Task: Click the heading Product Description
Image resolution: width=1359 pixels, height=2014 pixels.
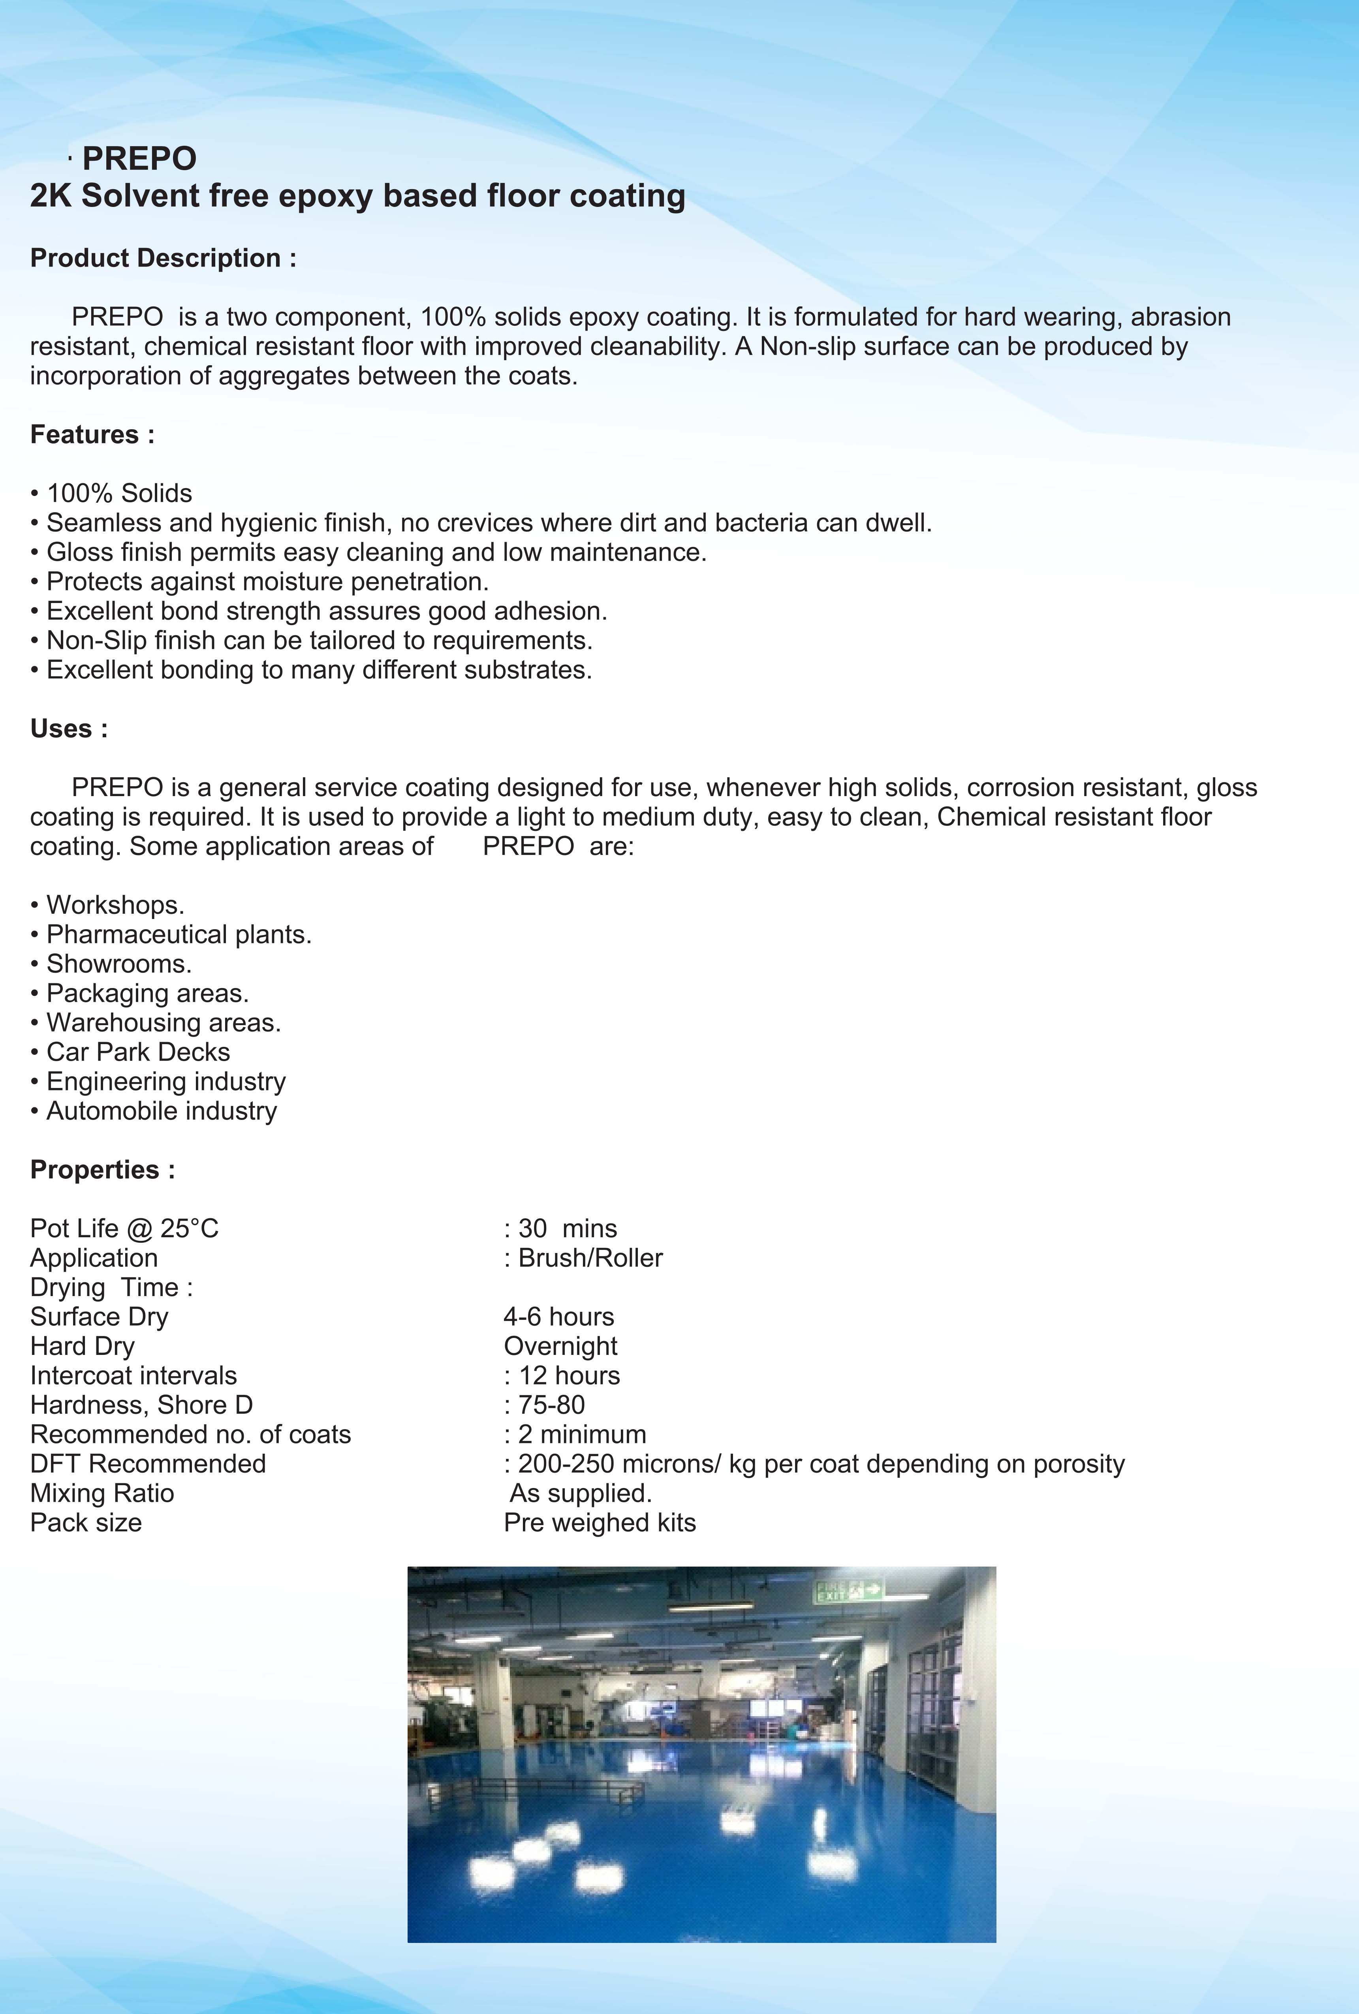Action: pos(163,258)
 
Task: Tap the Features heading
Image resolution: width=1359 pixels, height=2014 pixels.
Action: pos(92,434)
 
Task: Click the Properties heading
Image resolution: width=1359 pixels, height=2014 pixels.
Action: pos(102,1170)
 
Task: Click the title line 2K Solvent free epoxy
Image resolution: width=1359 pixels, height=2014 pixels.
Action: pos(357,196)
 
